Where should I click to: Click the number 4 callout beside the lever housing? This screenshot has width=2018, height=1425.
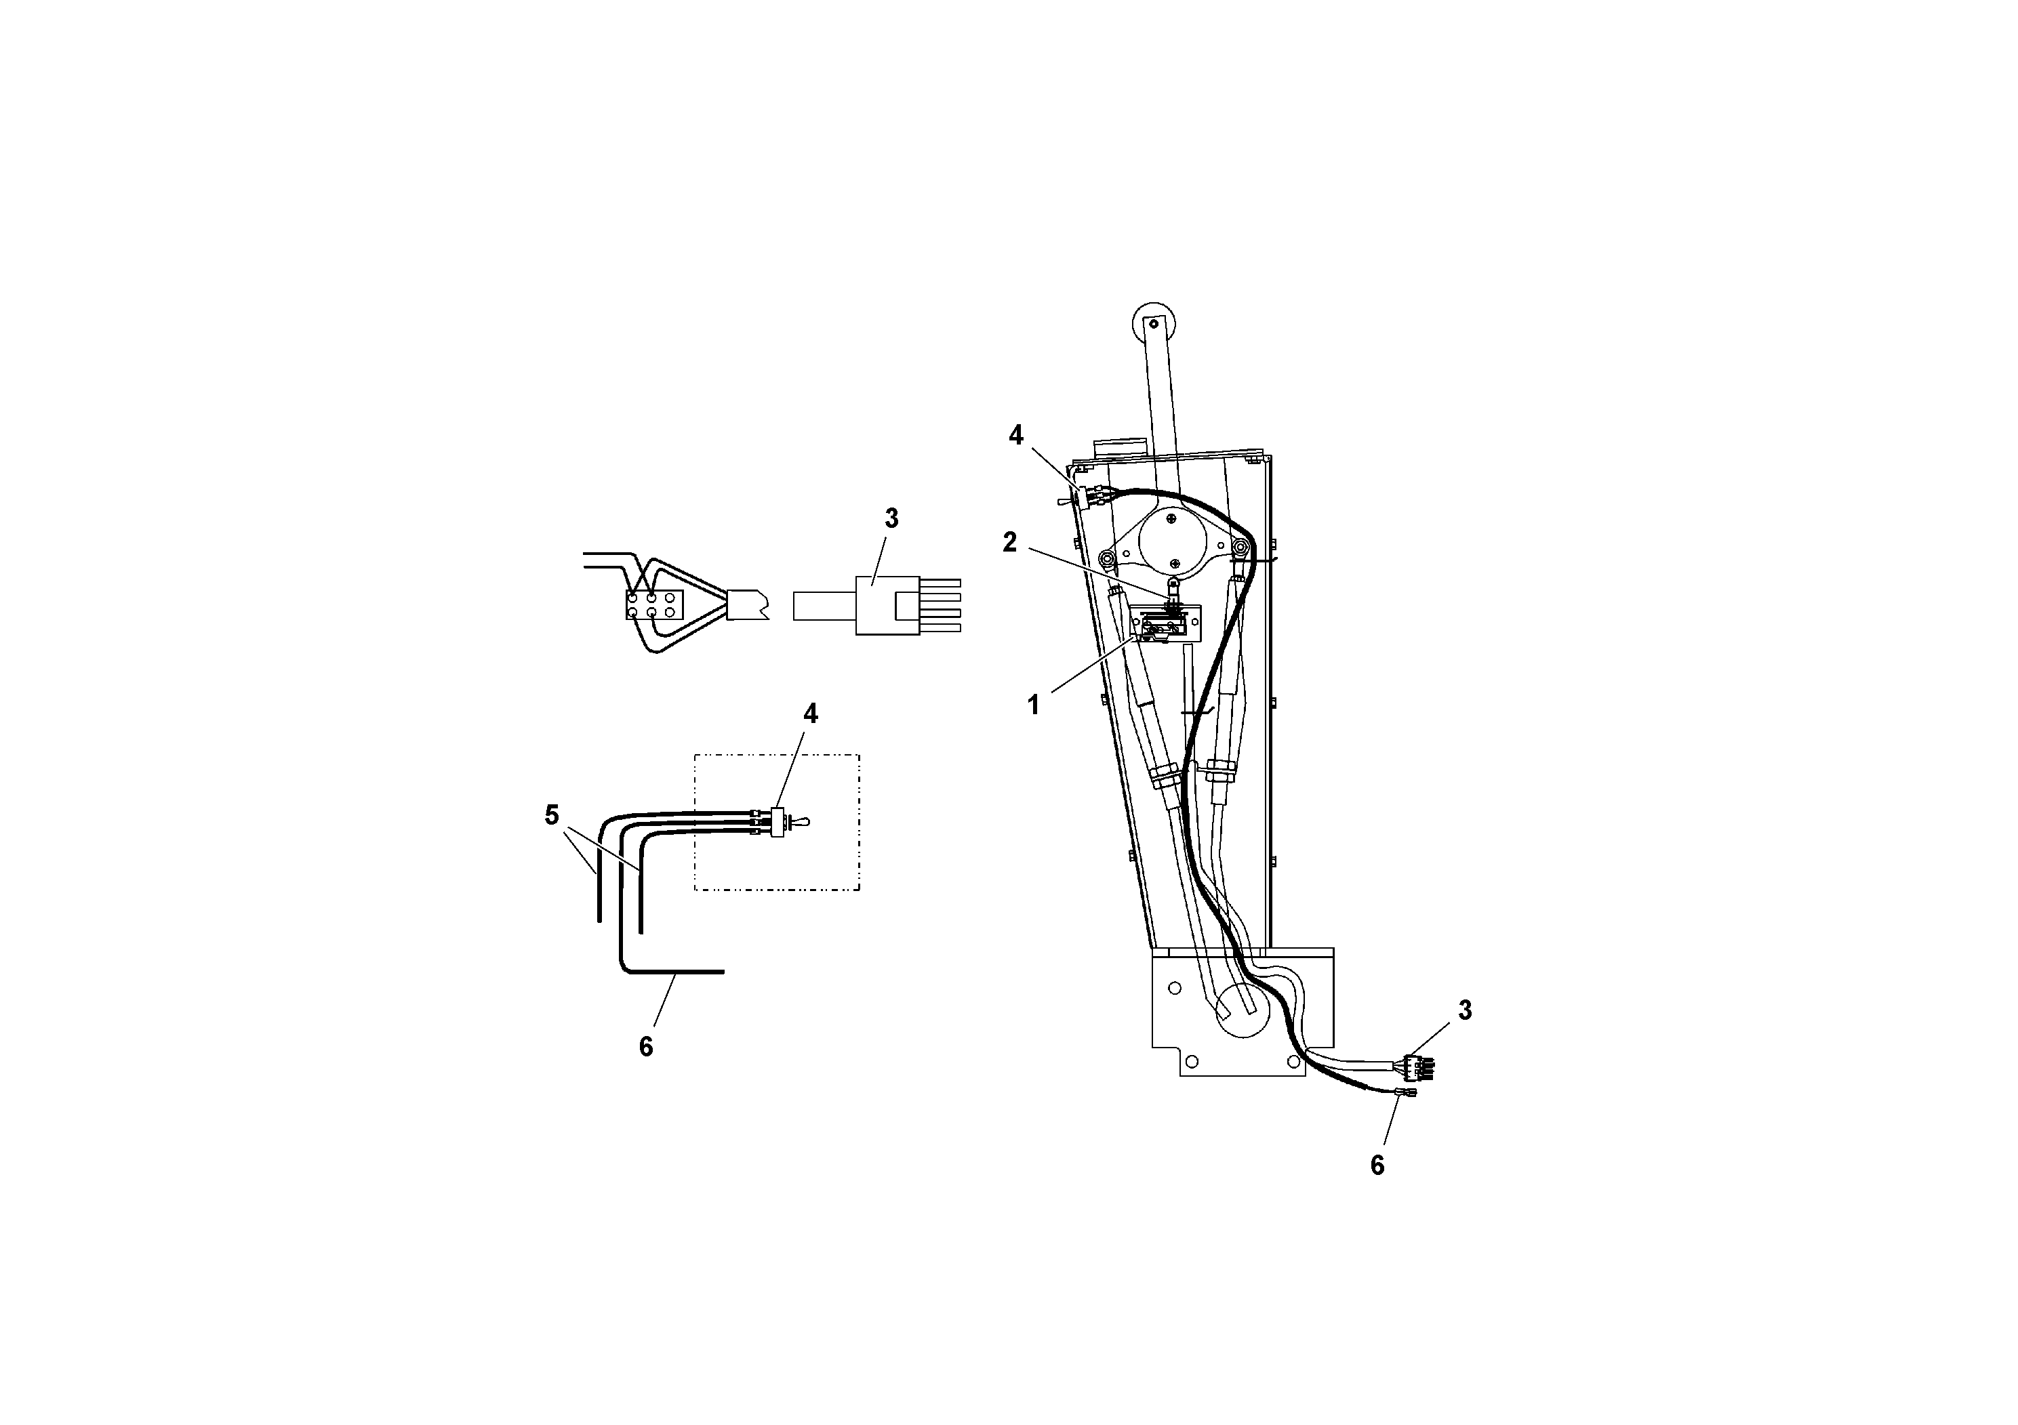pos(1016,435)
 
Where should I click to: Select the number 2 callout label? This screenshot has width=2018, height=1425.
pos(1010,543)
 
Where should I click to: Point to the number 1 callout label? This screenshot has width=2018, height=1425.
pos(1034,705)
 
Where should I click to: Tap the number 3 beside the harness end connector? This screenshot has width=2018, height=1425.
pos(1464,1011)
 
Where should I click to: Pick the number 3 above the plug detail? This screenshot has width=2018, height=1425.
pos(891,519)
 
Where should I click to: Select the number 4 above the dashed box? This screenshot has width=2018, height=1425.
pos(810,714)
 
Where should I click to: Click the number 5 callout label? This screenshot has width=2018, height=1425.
pos(552,815)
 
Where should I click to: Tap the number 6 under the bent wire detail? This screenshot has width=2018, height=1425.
pos(646,1046)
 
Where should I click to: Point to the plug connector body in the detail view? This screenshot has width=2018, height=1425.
pos(887,605)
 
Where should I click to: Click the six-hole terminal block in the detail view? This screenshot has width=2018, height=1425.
pos(654,604)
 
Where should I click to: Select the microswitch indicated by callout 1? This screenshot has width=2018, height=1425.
pos(1163,625)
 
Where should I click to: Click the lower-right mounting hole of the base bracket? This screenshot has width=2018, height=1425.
pos(1295,1061)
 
